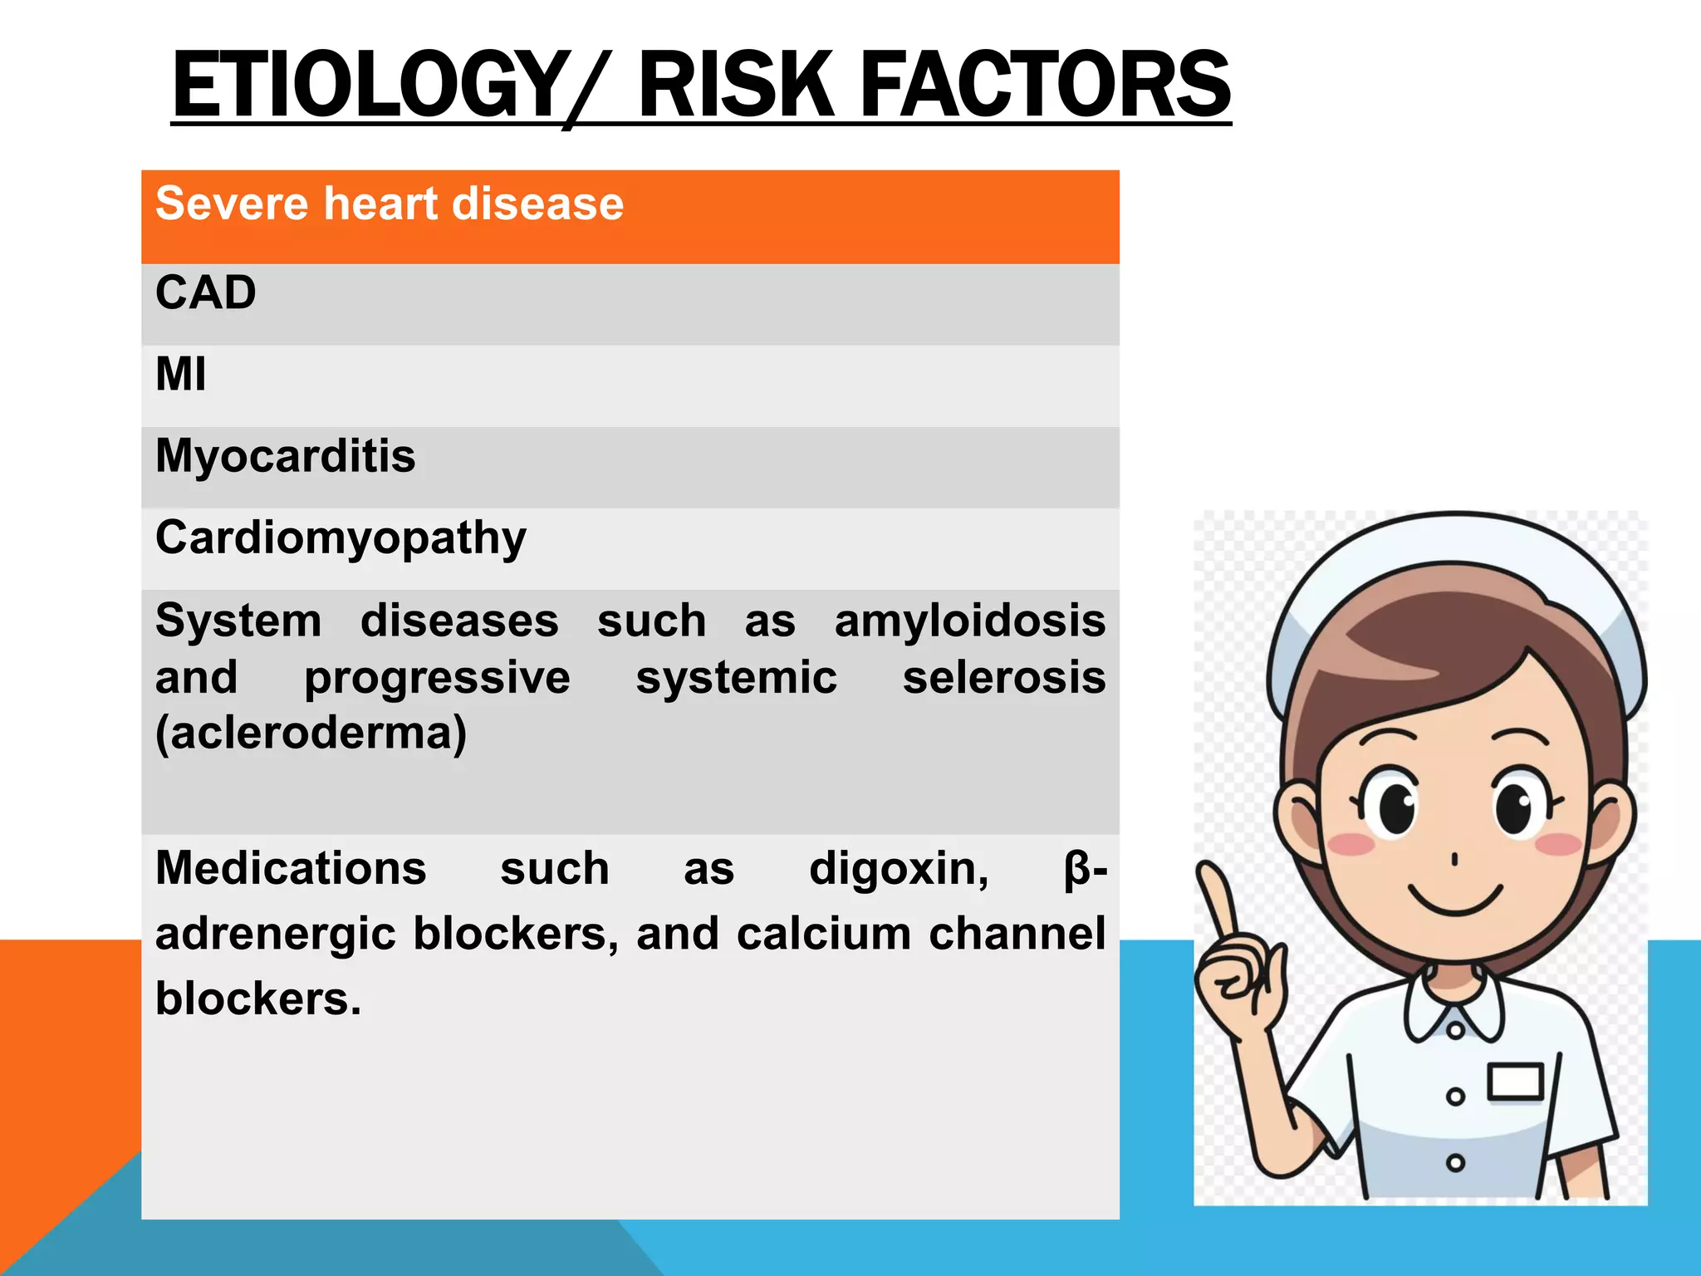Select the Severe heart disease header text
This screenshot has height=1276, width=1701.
[x=389, y=204]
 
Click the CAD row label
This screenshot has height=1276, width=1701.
[x=205, y=293]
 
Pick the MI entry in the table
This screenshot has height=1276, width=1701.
[x=180, y=375]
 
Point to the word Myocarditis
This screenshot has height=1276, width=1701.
[x=285, y=456]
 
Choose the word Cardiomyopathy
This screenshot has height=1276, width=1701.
[x=341, y=538]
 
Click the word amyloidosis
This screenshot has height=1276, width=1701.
[x=969, y=621]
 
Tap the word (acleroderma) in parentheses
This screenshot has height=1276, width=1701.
[x=311, y=734]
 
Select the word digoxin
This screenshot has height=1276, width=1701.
[x=899, y=869]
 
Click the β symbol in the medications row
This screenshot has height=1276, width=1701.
[x=1076, y=869]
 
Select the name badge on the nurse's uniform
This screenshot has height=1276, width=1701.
[x=1515, y=1082]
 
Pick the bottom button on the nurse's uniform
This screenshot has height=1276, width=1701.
[x=1455, y=1162]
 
